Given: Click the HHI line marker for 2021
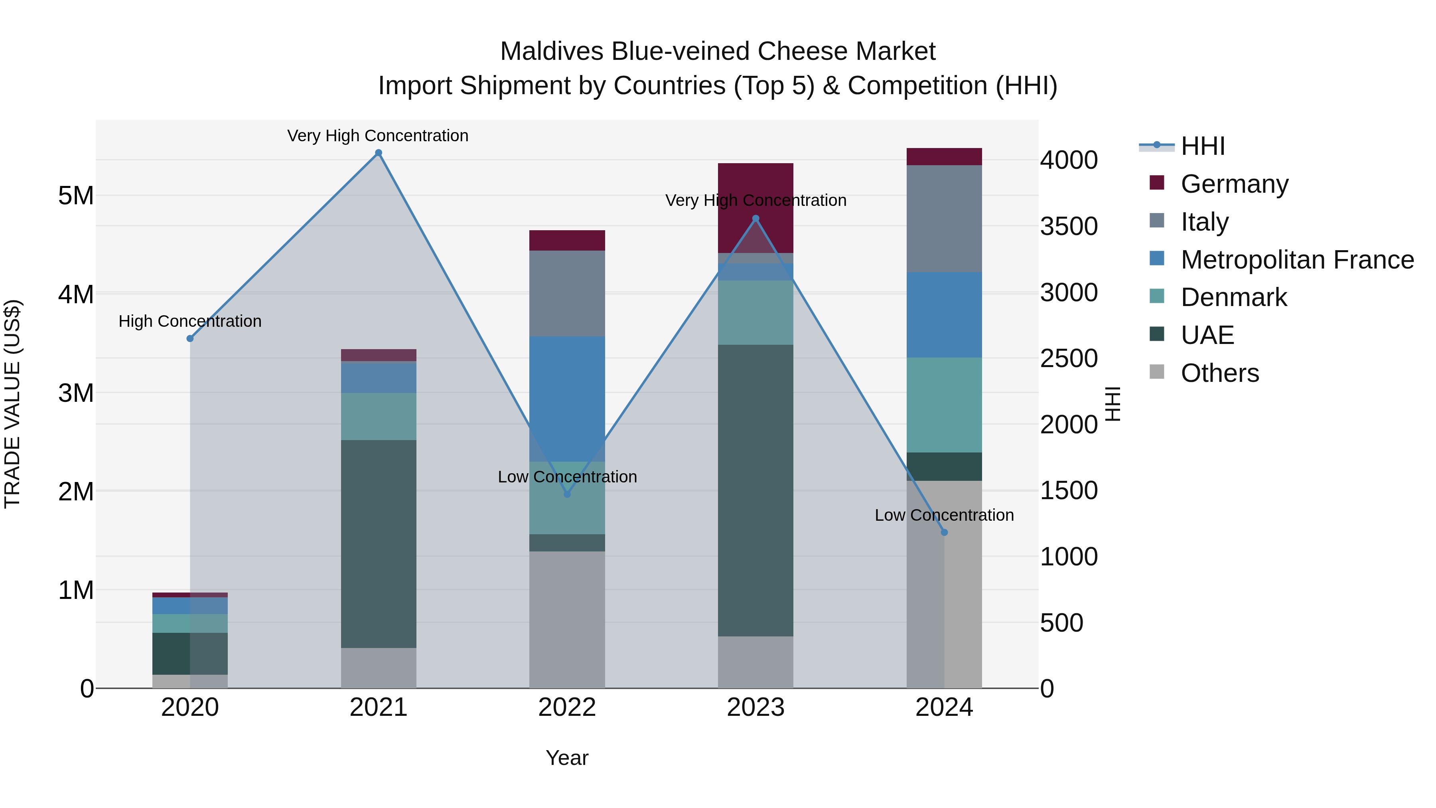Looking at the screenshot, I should point(379,153).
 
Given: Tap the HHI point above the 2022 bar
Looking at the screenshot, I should point(567,494).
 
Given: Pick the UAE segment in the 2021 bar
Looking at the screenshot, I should point(379,544).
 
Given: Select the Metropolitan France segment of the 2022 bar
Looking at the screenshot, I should point(567,399).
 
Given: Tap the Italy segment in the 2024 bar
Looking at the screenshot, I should point(944,219).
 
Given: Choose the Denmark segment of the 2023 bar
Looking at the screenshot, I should point(755,312).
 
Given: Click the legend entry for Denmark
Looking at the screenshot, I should point(1234,297).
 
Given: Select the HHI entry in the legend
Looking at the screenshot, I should point(1202,146).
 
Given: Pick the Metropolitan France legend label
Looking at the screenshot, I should point(1297,260).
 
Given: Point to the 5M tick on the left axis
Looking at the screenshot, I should point(76,196).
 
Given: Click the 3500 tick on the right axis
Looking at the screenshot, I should point(1069,226).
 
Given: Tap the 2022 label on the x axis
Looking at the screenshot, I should point(567,707).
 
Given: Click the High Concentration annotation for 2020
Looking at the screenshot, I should point(190,321).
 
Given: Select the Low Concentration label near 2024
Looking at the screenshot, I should point(944,515).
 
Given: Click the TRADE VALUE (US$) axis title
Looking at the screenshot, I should point(12,404).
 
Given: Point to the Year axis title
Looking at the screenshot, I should point(567,758).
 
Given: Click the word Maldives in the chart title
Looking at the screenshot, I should point(552,51).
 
